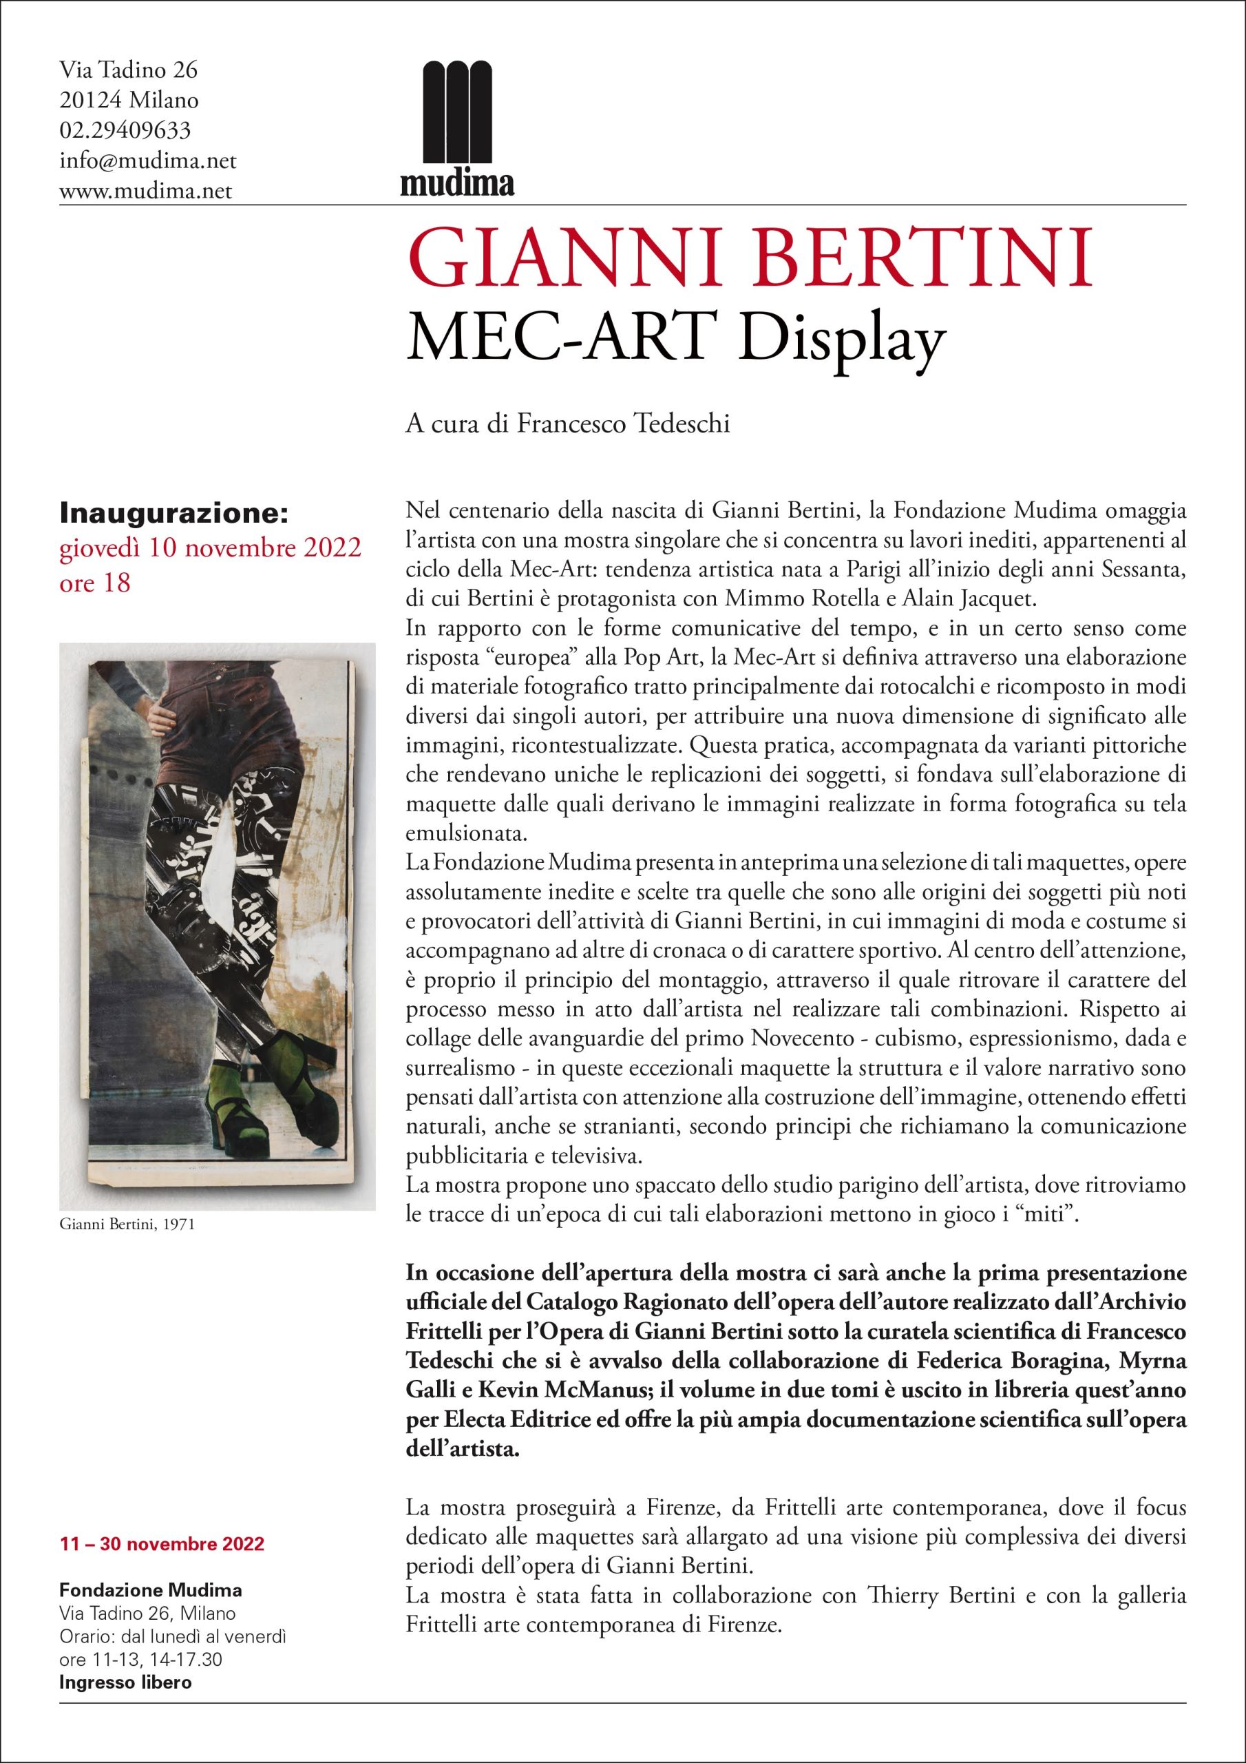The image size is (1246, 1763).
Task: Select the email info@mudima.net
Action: (147, 161)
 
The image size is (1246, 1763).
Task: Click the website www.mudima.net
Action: (146, 191)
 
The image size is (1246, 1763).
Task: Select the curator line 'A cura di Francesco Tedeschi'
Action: (567, 424)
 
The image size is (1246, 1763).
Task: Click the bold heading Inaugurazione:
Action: (173, 513)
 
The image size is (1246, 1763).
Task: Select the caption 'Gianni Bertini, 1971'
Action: (127, 1224)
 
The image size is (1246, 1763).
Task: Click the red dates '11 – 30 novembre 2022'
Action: (162, 1522)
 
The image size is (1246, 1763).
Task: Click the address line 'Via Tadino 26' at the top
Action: (128, 70)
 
